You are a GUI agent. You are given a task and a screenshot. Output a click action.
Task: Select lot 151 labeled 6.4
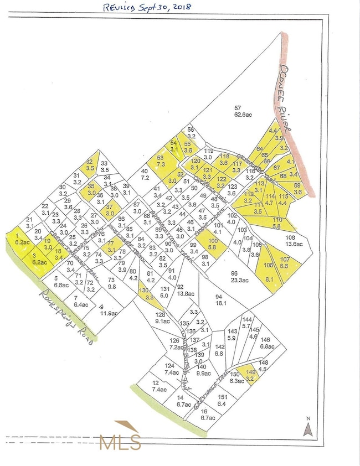pos(222,401)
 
